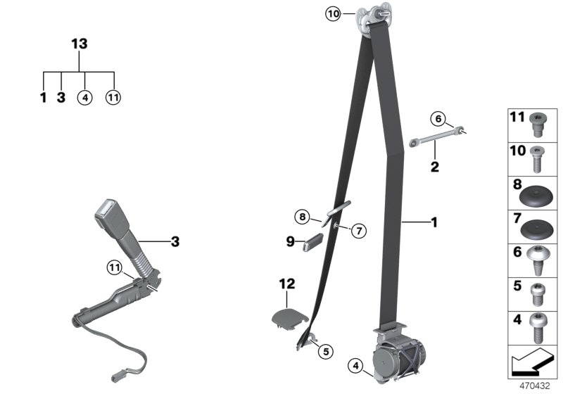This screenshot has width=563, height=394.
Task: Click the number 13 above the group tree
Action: coord(80,44)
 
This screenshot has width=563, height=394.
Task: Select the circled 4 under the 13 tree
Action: coord(85,98)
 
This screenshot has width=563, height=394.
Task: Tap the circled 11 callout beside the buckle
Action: coord(115,267)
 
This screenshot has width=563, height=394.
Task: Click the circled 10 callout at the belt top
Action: coord(333,13)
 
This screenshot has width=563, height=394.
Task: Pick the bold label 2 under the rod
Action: coord(435,167)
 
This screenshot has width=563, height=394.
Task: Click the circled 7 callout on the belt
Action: coord(358,229)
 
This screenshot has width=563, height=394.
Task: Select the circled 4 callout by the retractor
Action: coord(356,365)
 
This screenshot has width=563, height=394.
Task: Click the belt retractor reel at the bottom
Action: coord(395,358)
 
